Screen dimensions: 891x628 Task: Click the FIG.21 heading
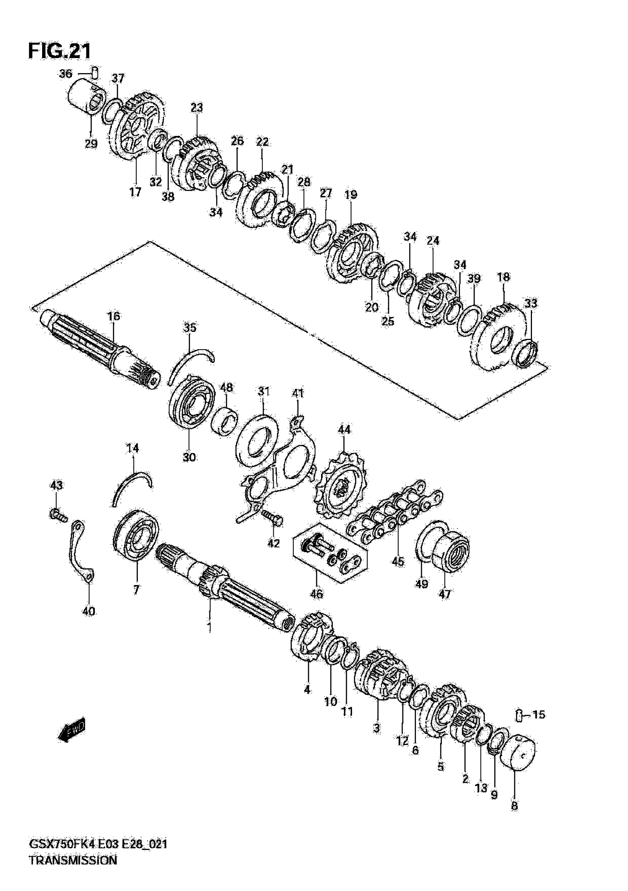[60, 51]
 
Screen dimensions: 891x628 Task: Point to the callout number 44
[344, 429]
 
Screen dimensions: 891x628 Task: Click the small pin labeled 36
[95, 72]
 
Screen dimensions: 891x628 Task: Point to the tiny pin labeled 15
[520, 715]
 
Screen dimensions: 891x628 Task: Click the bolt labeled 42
[273, 517]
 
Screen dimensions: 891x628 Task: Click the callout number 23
[197, 108]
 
